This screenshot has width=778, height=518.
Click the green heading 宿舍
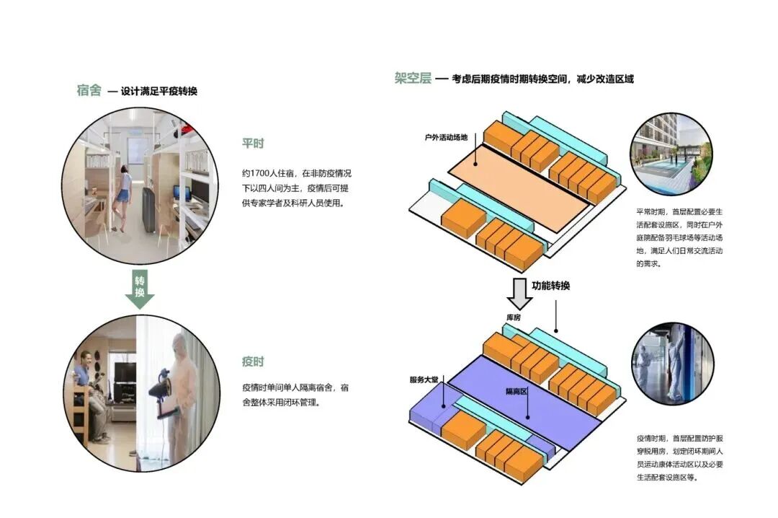tap(89, 90)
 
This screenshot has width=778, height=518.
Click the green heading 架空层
tap(412, 78)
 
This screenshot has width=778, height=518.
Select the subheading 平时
tap(253, 143)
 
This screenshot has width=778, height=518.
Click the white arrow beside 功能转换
tap(518, 292)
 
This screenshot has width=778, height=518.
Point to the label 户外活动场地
tap(447, 136)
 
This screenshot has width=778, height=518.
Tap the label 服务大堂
tap(424, 379)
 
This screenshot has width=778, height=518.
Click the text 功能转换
tap(551, 286)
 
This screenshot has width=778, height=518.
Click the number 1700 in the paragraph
tap(259, 174)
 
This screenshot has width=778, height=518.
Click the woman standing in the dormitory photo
tap(125, 195)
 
